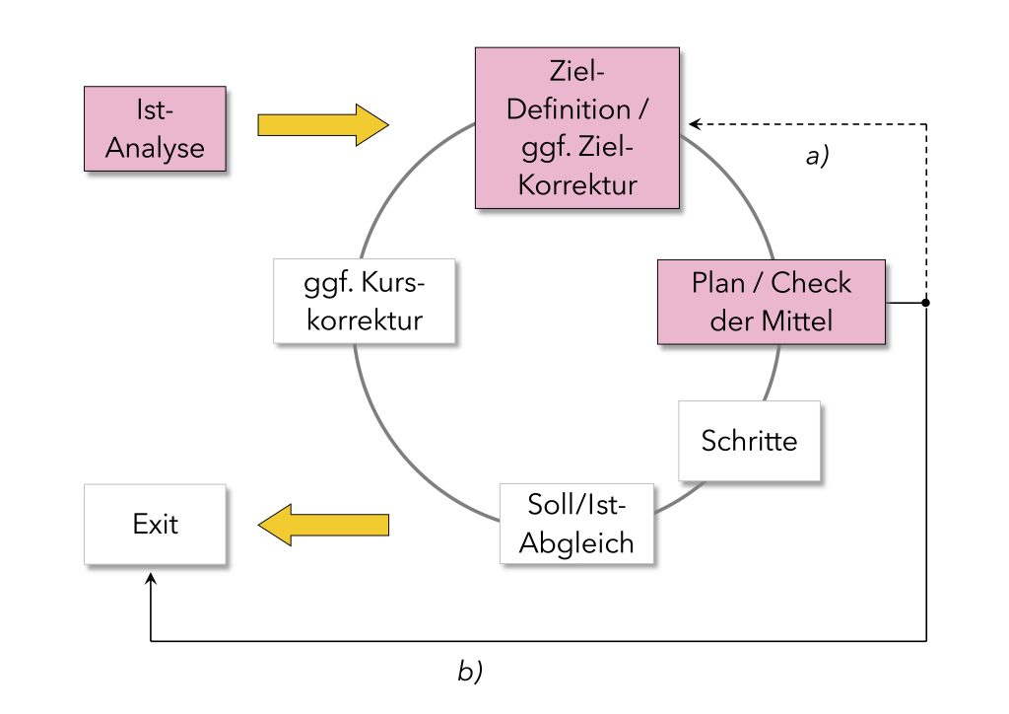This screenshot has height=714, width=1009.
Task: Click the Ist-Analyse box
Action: (155, 129)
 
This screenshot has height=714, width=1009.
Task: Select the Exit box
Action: (155, 524)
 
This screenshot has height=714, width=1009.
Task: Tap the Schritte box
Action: (749, 441)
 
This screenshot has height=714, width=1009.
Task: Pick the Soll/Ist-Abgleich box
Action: (576, 524)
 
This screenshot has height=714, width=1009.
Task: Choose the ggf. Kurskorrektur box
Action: (365, 301)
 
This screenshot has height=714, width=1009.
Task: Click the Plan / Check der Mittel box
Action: (771, 302)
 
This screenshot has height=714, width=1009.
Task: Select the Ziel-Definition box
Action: (577, 127)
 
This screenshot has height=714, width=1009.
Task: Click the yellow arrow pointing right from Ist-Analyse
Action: (323, 125)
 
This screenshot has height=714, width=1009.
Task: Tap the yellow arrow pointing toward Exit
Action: (323, 525)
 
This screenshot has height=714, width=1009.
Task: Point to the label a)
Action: (817, 155)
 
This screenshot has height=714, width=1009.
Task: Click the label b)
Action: (470, 671)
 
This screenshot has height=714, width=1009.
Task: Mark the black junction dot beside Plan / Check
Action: (926, 302)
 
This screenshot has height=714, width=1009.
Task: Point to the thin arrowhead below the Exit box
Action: (151, 579)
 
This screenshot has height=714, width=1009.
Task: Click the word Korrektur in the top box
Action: (577, 184)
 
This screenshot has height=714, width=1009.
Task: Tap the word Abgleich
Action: (576, 543)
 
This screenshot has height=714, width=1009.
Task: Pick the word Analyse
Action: (155, 148)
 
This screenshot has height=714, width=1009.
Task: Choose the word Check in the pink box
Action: (811, 283)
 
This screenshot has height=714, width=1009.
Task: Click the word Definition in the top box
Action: (569, 108)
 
